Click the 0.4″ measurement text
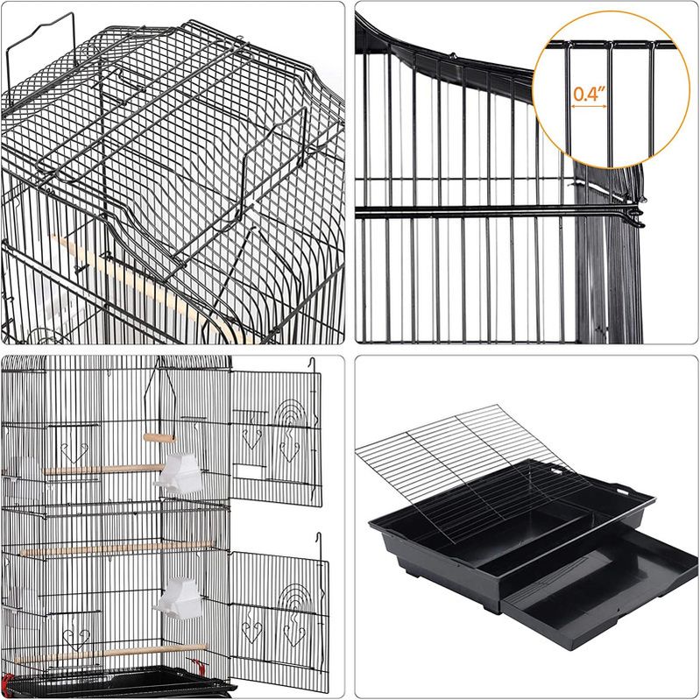589,94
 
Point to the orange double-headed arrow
589,106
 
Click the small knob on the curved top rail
453,56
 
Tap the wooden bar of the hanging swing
159,438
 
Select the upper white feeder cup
180,474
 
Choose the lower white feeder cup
179,598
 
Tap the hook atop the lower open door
319,541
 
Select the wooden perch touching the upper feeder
104,470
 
